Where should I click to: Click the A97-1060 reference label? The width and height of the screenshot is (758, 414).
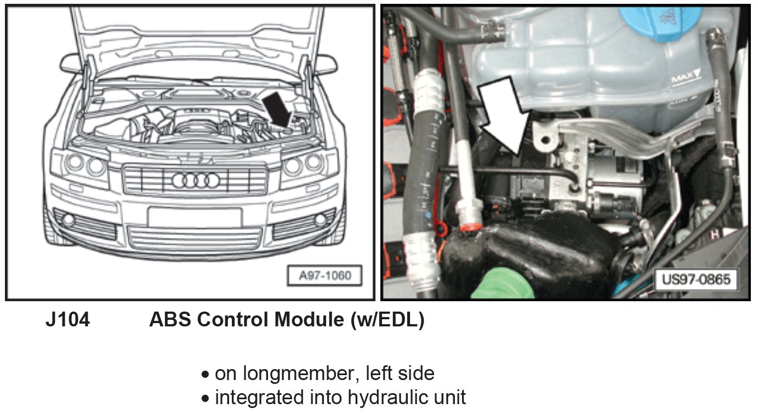pos(325,276)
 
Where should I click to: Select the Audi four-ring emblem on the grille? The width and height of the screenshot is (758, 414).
pos(196,180)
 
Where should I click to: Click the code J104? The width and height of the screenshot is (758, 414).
pos(67,320)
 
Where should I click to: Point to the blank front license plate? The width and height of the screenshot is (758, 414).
pos(195,217)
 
